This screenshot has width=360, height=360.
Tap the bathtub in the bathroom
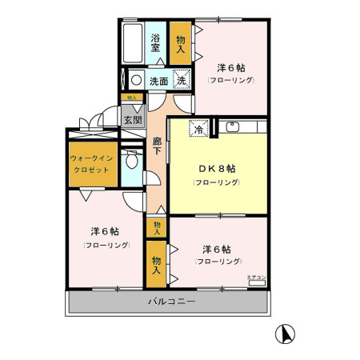click(x=133, y=44)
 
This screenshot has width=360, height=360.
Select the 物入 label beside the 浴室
click(x=181, y=45)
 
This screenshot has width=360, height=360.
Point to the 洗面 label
click(x=158, y=81)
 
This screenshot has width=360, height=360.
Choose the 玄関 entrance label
click(x=132, y=120)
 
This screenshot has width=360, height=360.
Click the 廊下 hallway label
click(x=158, y=146)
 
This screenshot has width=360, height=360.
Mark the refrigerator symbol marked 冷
click(x=197, y=127)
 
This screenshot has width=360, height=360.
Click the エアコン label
click(x=256, y=277)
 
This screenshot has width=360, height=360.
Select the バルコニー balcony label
click(x=171, y=302)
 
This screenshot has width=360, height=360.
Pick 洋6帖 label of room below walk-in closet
click(x=106, y=231)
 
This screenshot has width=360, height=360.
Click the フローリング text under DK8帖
click(x=216, y=183)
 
